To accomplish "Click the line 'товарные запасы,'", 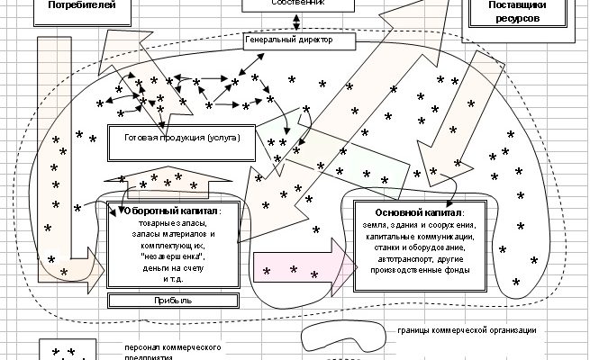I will [168, 222].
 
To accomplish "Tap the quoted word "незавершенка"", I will [170, 256].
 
